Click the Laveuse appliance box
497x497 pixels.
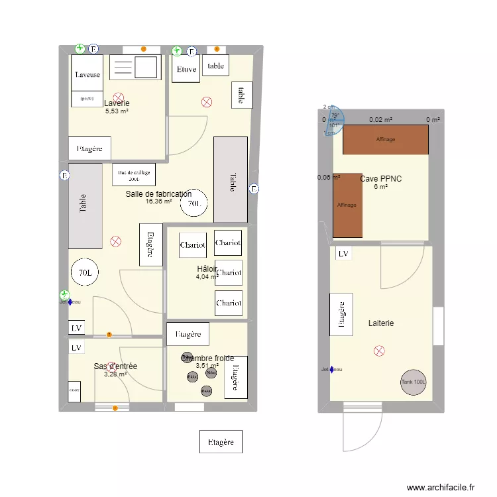pos(87,74)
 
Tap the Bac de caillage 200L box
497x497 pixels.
pos(134,174)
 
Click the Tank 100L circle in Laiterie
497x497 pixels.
pos(414,382)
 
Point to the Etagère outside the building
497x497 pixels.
pos(221,441)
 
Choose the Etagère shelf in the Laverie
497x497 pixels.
pos(89,148)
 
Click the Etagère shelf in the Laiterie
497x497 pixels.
pos(341,314)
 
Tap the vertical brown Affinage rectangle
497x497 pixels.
pos(347,205)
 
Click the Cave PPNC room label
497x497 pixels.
pos(380,179)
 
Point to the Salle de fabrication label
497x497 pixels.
pos(158,193)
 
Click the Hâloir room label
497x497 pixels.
pos(207,268)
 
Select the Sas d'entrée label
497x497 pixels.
pos(115,366)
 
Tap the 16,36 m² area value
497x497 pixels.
pos(158,201)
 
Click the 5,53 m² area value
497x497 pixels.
pos(117,111)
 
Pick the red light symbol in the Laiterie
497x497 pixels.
pos(379,351)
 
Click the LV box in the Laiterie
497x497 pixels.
pos(343,254)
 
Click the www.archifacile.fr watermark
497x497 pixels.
pos(441,487)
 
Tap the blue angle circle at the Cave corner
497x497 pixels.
pos(334,121)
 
